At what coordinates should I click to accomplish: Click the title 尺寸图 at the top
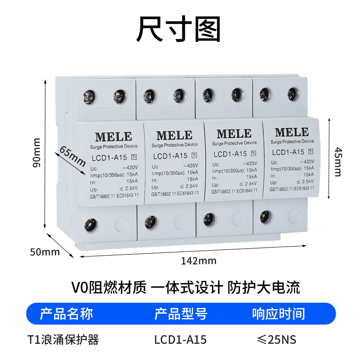[179, 30]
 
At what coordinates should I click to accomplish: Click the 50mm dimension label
[45, 252]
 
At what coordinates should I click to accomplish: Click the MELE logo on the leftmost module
[113, 136]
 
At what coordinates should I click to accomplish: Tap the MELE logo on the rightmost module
[292, 132]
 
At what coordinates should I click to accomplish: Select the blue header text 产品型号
[181, 314]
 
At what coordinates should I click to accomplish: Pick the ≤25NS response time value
[276, 339]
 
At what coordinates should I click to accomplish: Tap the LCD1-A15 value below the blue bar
[180, 339]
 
